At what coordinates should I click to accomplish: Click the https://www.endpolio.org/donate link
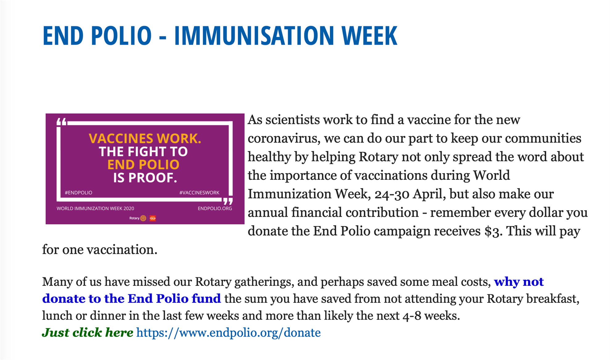click(228, 333)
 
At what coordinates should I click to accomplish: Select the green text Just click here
click(87, 333)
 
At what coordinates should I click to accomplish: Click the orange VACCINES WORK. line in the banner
click(145, 138)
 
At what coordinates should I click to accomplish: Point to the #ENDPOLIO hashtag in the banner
click(78, 192)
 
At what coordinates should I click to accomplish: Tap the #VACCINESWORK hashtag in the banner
click(199, 192)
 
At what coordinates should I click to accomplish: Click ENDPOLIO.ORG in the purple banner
click(215, 208)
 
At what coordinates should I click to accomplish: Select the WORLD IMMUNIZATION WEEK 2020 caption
click(95, 208)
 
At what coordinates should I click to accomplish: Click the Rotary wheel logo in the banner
click(143, 218)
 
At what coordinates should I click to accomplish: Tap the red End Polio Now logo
click(152, 218)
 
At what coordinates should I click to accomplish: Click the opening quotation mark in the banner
click(62, 122)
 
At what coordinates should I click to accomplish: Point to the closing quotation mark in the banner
click(228, 201)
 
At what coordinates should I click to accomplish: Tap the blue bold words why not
click(519, 282)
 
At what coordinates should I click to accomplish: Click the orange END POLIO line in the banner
click(144, 165)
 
